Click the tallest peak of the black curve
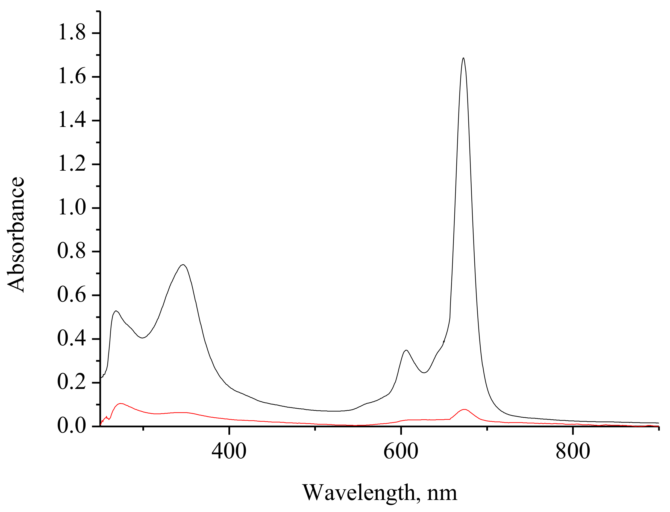(x=463, y=58)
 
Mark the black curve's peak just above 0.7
(x=183, y=265)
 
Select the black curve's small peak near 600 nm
(x=406, y=350)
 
